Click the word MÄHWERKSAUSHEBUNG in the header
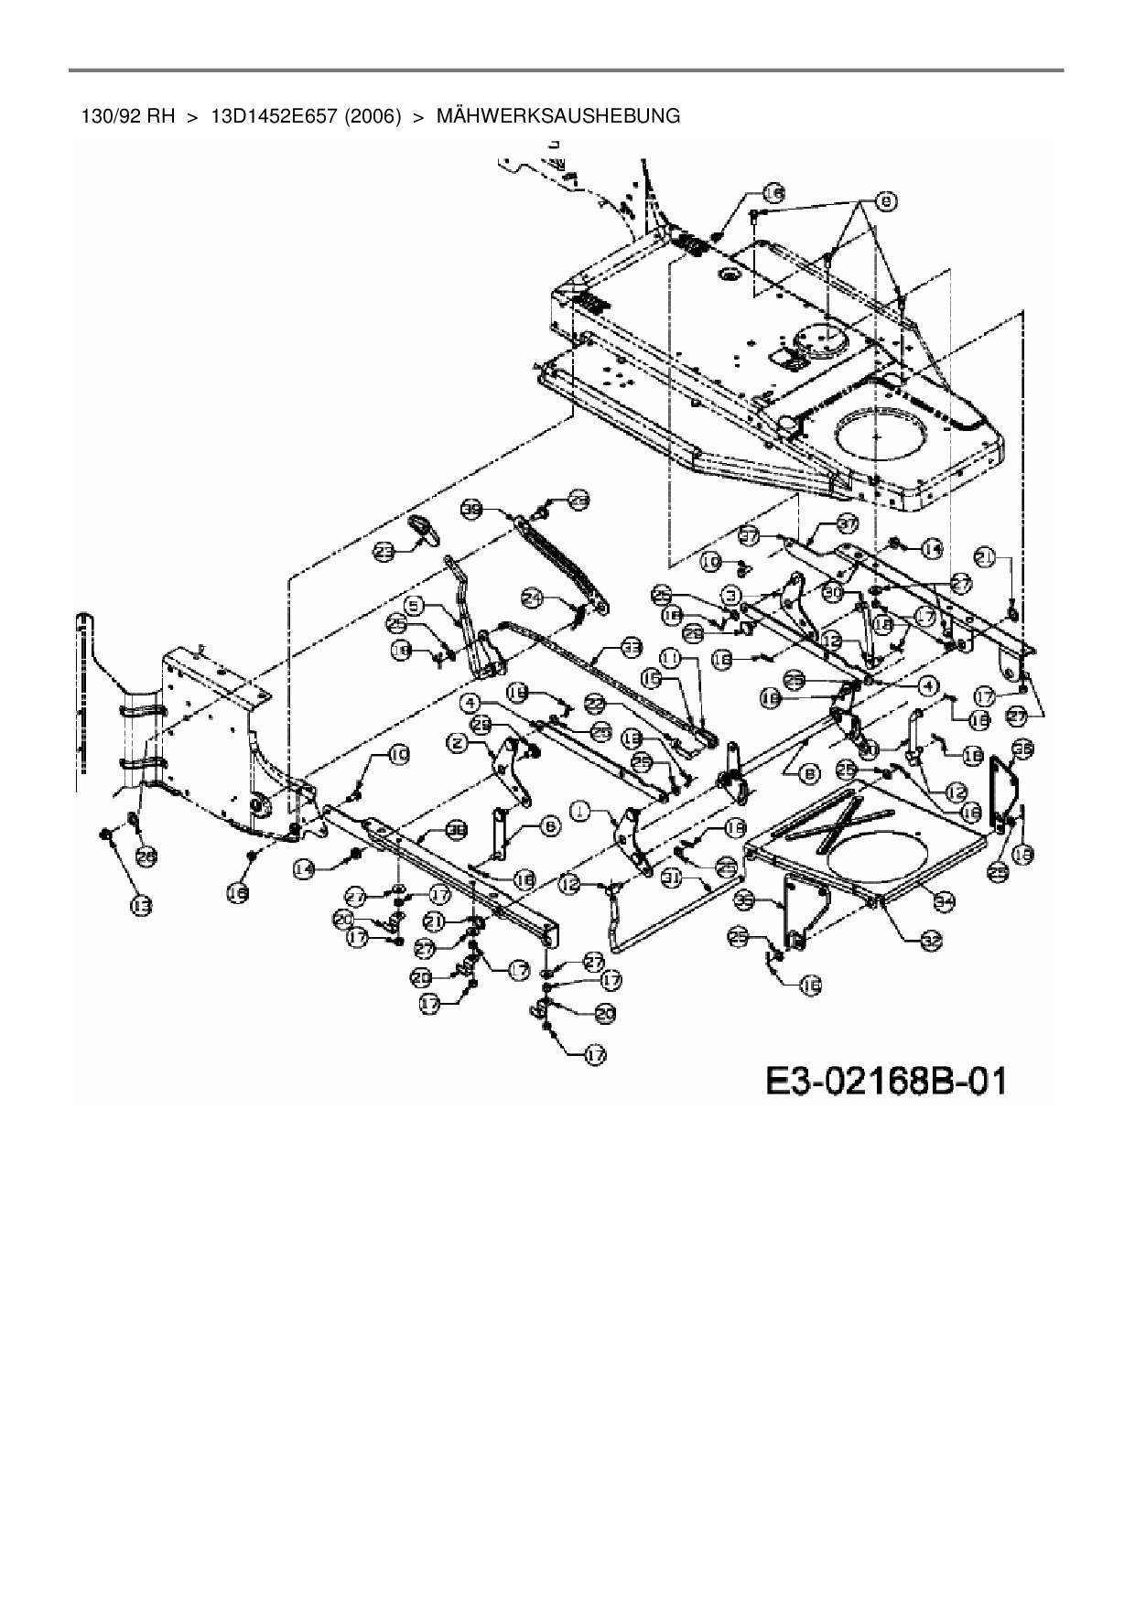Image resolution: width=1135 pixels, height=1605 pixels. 558,116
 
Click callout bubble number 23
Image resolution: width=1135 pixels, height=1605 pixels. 384,552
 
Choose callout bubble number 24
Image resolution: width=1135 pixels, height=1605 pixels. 533,598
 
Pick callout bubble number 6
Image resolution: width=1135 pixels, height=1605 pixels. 549,826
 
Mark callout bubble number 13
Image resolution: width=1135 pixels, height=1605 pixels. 141,906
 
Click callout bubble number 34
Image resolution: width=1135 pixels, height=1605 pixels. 943,901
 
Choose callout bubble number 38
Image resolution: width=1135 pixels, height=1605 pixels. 456,830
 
